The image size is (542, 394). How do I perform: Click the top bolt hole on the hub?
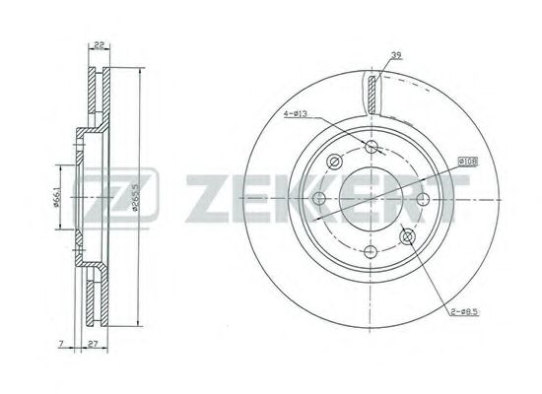tap(373, 148)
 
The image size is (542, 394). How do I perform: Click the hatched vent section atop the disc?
tap(372, 94)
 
